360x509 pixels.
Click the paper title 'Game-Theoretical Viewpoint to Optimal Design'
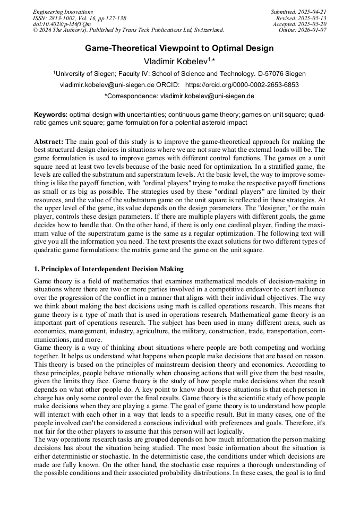click(x=179, y=48)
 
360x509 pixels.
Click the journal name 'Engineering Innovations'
click(x=63, y=12)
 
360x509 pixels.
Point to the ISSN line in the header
click(x=79, y=18)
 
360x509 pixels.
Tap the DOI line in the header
click(x=62, y=24)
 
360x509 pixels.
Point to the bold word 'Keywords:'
click(x=50, y=115)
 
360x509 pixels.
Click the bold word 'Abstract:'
click(x=49, y=142)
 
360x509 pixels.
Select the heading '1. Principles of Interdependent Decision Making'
click(x=109, y=269)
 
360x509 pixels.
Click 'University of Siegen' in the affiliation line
click(x=85, y=74)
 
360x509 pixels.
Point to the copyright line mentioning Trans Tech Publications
click(x=128, y=30)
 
